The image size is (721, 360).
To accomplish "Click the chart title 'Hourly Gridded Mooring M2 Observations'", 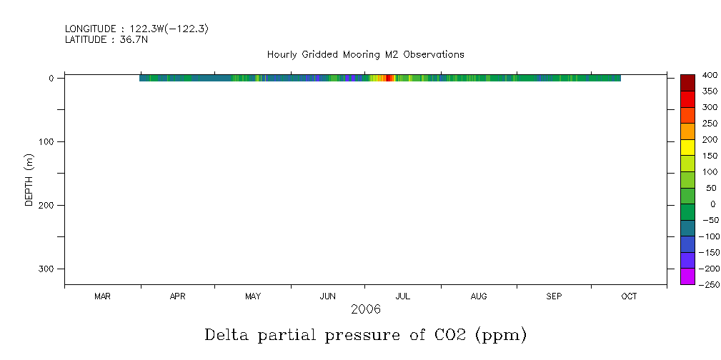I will tap(365, 54).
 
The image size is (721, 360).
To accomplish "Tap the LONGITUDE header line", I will tap(136, 29).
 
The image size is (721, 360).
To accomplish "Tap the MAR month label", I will tap(102, 296).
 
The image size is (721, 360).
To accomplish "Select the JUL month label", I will tap(403, 296).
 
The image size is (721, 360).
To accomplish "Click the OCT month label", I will tap(629, 296).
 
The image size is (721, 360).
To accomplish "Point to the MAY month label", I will tap(253, 296).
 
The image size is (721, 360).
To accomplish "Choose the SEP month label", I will tap(554, 296).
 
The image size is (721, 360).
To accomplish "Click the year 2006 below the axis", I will tap(365, 309).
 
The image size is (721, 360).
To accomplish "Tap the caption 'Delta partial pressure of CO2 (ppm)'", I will tap(365, 335).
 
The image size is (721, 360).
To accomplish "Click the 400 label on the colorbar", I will tap(709, 75).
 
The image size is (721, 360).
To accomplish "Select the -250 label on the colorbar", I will tap(707, 285).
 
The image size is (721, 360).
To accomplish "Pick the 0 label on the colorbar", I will tap(712, 204).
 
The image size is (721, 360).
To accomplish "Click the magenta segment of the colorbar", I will tap(687, 276).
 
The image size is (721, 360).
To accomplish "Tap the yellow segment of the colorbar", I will tap(687, 147).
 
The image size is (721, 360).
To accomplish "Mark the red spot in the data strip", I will tap(388, 78).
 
